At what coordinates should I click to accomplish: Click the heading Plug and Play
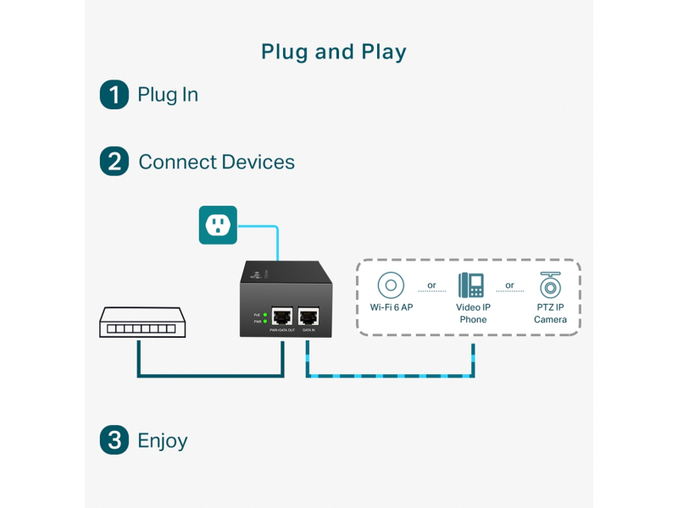coord(334,52)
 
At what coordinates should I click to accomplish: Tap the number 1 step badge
coord(114,94)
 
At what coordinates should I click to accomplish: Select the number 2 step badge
coord(114,161)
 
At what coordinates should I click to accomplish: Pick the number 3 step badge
coord(114,440)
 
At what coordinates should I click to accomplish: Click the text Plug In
coord(168,94)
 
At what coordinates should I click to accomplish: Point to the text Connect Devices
coord(216,162)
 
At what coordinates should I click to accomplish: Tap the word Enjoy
coord(162,440)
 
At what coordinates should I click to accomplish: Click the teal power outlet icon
coord(218,224)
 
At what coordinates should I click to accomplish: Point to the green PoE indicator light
coord(265,315)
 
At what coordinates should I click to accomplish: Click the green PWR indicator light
coord(265,322)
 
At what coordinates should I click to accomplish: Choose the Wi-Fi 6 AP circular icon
coord(392,284)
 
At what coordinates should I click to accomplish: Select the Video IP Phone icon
coord(471,284)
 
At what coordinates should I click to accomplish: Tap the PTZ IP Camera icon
coord(550,284)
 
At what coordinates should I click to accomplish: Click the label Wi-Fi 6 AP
coord(392,307)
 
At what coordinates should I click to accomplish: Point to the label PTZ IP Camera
coord(550,313)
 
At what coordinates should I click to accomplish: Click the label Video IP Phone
coord(473,313)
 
